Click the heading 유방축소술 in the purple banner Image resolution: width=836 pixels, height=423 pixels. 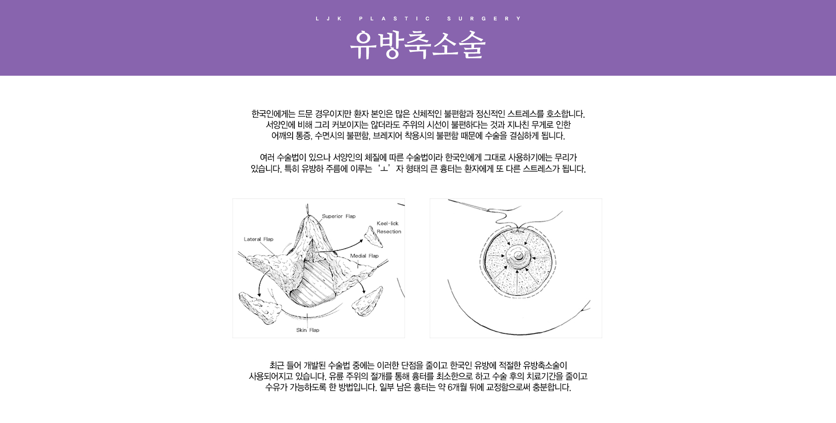[x=418, y=44]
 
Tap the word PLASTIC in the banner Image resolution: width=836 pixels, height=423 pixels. [x=395, y=19]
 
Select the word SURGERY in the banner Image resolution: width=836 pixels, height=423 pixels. [x=484, y=19]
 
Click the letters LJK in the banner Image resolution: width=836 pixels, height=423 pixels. [x=329, y=19]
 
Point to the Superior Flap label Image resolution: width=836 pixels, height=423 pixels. [x=339, y=216]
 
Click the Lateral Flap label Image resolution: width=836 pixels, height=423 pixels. [x=259, y=239]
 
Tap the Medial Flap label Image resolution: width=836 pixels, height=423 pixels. [x=364, y=256]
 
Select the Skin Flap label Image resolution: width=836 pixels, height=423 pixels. [x=308, y=330]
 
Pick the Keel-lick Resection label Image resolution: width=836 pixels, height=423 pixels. [x=389, y=228]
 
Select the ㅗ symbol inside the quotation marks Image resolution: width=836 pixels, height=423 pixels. [x=384, y=169]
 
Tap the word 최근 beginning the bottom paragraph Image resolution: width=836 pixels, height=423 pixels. [x=276, y=366]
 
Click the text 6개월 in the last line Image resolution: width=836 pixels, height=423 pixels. [x=457, y=387]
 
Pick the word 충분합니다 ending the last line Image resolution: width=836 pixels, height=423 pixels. [x=552, y=387]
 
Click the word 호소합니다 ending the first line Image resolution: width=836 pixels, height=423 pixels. [x=566, y=114]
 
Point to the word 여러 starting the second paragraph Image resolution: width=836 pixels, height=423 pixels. [x=267, y=158]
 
